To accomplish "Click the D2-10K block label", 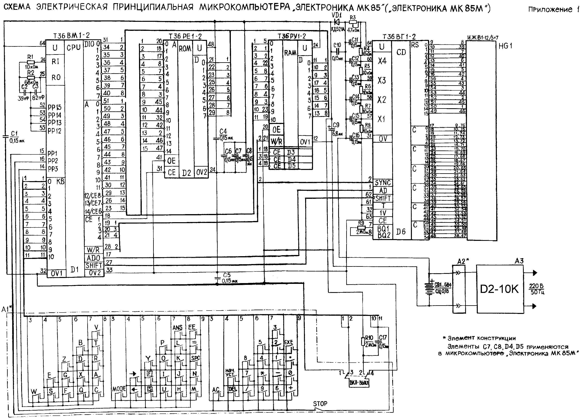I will click(499, 289).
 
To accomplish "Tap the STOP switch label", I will click(320, 404).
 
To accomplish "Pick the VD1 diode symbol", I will click(337, 22).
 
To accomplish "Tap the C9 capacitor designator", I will click(336, 125).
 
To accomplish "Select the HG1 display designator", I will click(505, 46).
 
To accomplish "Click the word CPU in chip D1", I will click(74, 48).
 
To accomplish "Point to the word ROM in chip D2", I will click(185, 49).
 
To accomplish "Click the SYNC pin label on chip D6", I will click(383, 183).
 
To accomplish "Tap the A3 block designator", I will click(519, 261).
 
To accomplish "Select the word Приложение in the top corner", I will click(550, 10).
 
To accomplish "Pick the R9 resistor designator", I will click(361, 223).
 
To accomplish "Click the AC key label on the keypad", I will click(216, 390).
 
